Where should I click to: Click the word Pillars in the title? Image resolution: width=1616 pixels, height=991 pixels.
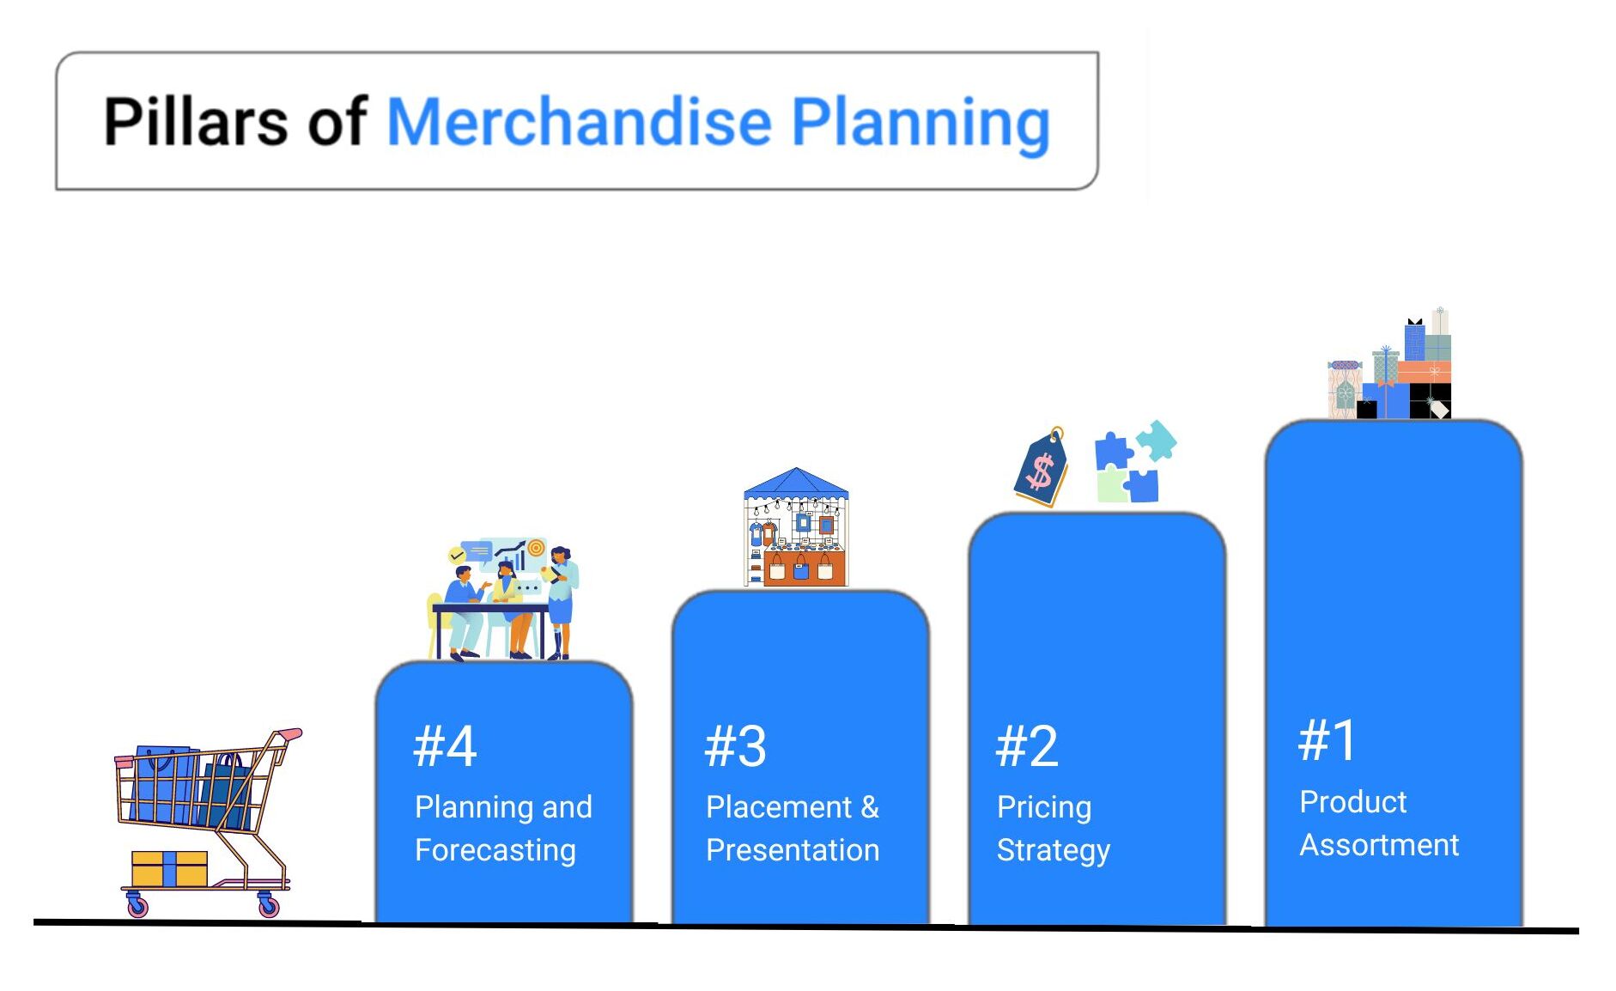(196, 121)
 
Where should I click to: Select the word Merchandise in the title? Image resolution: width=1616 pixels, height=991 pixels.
(580, 121)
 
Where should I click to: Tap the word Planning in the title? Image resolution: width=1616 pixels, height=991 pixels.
(920, 125)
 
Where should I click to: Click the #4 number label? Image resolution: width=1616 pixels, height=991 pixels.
(445, 745)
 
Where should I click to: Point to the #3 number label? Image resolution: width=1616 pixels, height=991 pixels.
(735, 745)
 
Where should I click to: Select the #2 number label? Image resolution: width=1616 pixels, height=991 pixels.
(1027, 745)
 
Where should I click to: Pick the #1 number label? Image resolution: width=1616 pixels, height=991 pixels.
(1327, 740)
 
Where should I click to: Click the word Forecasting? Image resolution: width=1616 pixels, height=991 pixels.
(495, 850)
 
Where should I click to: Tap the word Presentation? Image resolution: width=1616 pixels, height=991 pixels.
(793, 850)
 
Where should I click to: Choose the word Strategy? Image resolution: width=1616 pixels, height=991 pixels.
(1054, 850)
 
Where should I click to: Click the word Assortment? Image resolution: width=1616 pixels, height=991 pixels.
(1379, 845)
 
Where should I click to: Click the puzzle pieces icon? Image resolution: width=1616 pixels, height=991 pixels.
(1135, 462)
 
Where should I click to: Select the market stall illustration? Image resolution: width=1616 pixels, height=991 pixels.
(796, 527)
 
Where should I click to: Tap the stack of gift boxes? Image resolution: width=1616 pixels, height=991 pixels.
(1389, 364)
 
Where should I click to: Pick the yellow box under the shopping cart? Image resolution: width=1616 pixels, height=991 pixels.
(169, 868)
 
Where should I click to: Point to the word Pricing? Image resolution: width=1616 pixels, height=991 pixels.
(1044, 807)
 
